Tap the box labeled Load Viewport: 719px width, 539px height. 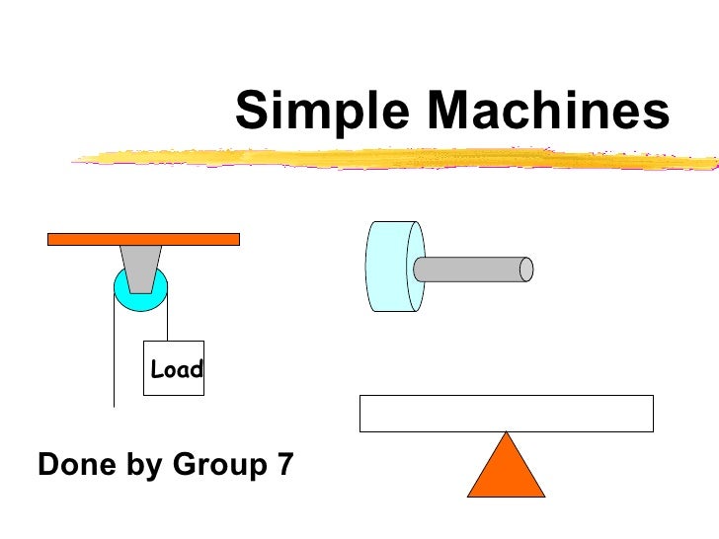[174, 369]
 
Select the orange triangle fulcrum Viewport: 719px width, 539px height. [506, 472]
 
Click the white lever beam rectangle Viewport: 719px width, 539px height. [506, 413]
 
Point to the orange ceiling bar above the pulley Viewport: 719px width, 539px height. [144, 238]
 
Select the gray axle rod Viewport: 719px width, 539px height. [469, 269]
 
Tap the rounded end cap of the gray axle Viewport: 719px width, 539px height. [526, 269]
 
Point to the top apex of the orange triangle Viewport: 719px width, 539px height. [506, 434]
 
